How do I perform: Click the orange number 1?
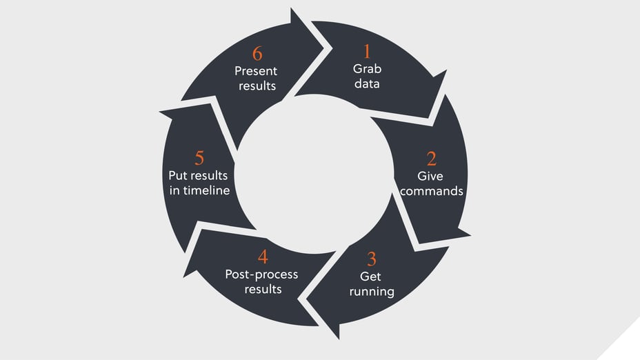(367, 52)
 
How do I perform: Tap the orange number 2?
(431, 159)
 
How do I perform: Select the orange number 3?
(372, 259)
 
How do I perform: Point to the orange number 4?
(263, 257)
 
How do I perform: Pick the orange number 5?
(199, 158)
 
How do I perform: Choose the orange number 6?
(257, 54)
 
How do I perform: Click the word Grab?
(367, 69)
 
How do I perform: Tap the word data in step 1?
(367, 84)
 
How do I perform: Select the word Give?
(430, 177)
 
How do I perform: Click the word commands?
(432, 191)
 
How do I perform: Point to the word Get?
(370, 277)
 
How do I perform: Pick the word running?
(372, 291)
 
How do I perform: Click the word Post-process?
(262, 274)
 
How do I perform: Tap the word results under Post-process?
(262, 289)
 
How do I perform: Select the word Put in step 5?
(179, 175)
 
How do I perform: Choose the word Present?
(255, 70)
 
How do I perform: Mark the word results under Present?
(257, 86)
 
